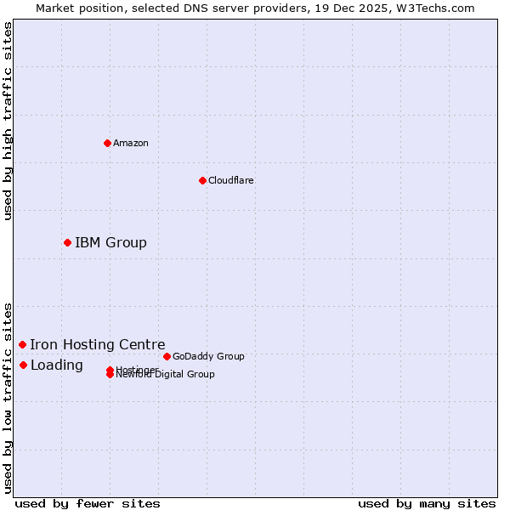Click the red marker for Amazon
[107, 143]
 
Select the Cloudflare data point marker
[202, 180]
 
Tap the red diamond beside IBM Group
[67, 242]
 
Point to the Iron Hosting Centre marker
[22, 344]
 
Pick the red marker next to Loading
[23, 365]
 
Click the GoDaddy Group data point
[167, 356]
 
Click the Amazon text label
[131, 143]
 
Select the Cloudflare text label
[231, 180]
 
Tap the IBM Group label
[110, 243]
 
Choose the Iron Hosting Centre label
[98, 344]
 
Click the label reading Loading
[57, 365]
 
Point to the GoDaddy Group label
[208, 356]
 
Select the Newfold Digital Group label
[166, 375]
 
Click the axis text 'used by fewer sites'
[88, 503]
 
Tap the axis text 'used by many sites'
[427, 503]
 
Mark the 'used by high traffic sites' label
[8, 121]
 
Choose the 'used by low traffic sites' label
[8, 398]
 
